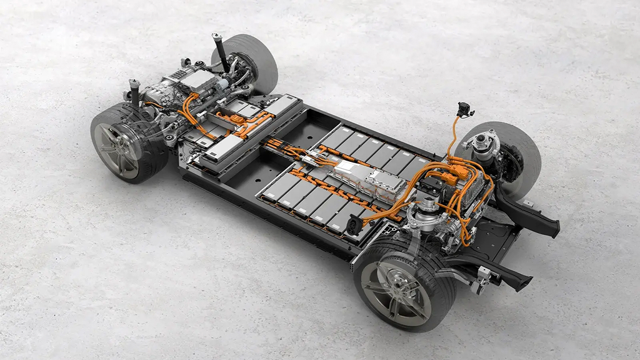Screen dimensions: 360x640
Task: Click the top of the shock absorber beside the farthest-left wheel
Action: (133, 84)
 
